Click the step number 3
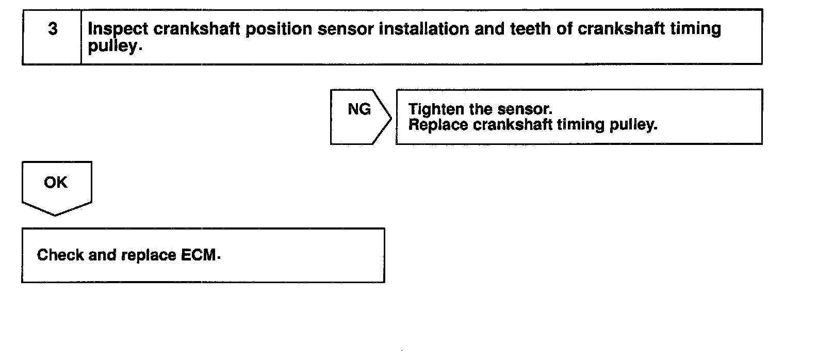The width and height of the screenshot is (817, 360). [53, 29]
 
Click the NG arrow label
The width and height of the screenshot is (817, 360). [359, 109]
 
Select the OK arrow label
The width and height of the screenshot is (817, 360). [56, 183]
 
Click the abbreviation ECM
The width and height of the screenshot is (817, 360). [199, 255]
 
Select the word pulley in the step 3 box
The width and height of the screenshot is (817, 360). [112, 46]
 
